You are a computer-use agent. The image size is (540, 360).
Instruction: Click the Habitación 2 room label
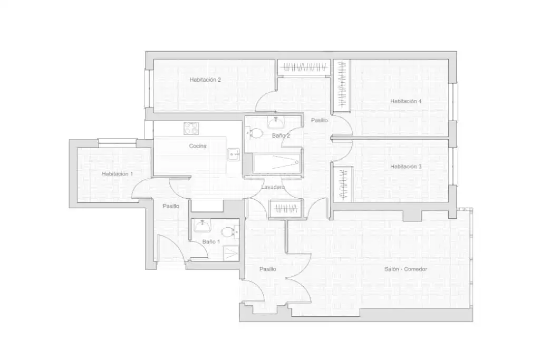click(x=205, y=80)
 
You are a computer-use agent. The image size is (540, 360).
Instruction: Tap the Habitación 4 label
click(x=406, y=101)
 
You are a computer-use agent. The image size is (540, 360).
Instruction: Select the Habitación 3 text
click(x=406, y=167)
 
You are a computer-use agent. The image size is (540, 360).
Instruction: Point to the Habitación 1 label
click(x=117, y=174)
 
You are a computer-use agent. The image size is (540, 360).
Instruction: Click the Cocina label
click(x=198, y=146)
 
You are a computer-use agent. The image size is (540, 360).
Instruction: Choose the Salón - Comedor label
click(x=406, y=269)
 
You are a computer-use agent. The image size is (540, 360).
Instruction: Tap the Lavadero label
click(x=273, y=187)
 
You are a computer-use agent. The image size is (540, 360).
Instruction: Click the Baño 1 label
click(x=211, y=242)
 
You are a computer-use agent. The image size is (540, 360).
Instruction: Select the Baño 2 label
click(x=281, y=135)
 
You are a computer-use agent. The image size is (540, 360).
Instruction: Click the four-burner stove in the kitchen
click(x=191, y=129)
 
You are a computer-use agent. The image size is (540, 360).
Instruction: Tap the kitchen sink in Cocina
click(x=234, y=154)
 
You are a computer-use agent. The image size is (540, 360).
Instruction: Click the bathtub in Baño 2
click(x=276, y=163)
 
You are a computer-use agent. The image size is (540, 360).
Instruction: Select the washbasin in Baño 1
click(x=202, y=226)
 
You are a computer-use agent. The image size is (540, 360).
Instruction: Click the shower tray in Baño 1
click(x=231, y=254)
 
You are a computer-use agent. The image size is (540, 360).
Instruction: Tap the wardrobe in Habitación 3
click(x=343, y=184)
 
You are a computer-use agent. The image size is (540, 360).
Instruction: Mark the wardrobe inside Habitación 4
click(x=341, y=85)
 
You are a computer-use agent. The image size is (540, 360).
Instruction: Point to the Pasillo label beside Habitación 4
click(x=319, y=121)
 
